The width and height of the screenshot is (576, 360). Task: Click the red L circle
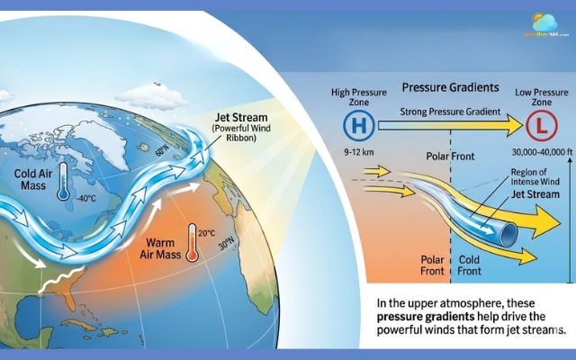(542, 128)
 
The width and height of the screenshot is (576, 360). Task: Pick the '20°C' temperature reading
(207, 233)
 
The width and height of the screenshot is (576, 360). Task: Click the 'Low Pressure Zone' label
(540, 97)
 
